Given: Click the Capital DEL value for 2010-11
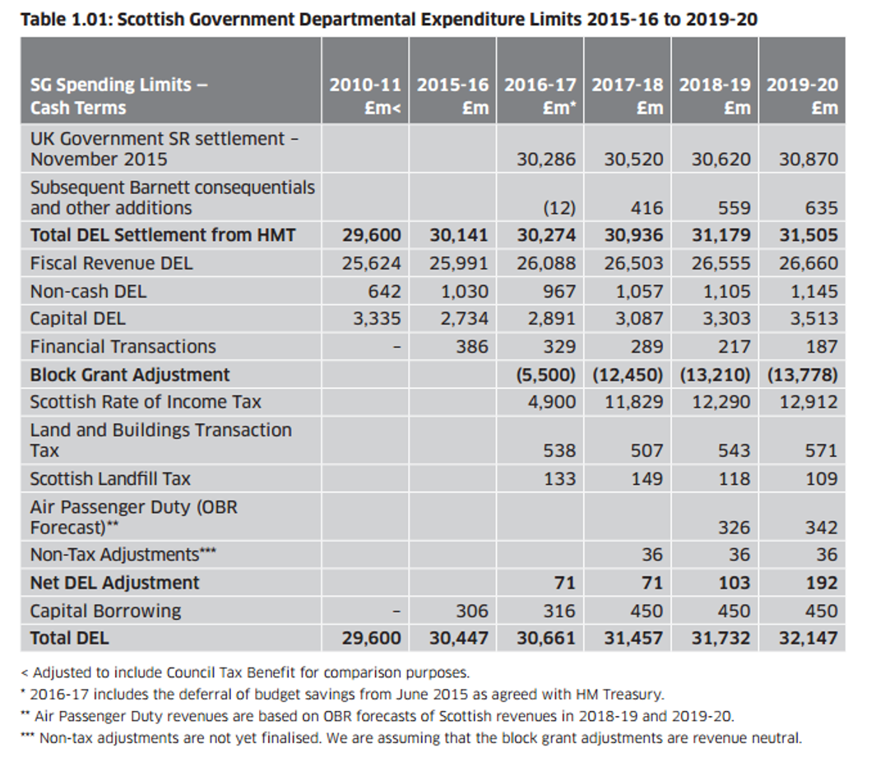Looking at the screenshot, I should coord(377,319).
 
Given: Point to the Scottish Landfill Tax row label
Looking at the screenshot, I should coord(110,478).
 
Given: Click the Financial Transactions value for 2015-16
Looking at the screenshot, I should coord(472,347).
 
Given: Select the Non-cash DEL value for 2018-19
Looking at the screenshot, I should coord(726,291).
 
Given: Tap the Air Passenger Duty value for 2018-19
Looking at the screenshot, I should coord(733,527).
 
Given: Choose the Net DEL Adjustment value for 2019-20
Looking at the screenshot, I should coord(822,584).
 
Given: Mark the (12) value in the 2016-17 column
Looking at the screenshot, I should coord(558,207).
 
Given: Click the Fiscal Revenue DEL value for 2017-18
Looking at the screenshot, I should coord(633,263).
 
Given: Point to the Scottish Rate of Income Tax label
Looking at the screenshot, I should coord(146,402).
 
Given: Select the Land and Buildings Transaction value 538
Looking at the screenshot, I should coord(559,450).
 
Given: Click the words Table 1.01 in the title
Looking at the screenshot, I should coord(65,19).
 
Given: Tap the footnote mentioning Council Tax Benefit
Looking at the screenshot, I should coord(251,673).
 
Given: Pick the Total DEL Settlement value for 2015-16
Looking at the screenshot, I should coord(458,236).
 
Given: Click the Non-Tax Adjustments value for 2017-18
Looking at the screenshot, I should coord(651,555).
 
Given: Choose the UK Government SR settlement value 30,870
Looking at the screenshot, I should coord(808,159).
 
